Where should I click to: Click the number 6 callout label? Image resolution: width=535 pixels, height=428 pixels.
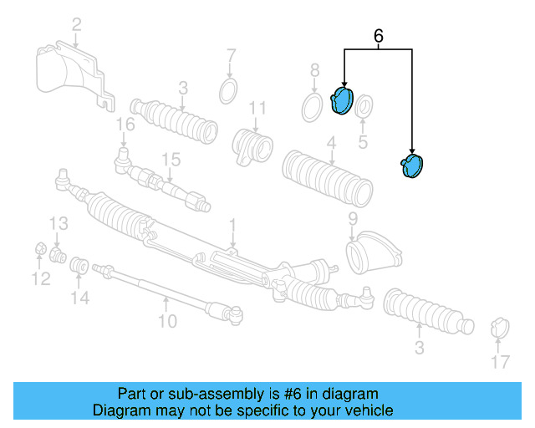coord(379,36)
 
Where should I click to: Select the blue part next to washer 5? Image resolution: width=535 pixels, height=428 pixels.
coord(344,100)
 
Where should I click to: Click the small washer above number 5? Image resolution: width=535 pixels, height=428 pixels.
coord(364,108)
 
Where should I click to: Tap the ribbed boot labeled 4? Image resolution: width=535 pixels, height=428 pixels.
coord(328,176)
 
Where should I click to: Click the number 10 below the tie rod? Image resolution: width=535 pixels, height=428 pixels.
coord(167,320)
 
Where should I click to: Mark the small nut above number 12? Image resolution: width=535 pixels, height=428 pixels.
coord(39,248)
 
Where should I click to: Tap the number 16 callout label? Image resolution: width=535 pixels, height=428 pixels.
coord(125,125)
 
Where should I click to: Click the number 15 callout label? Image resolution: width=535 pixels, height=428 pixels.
coord(171,159)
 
